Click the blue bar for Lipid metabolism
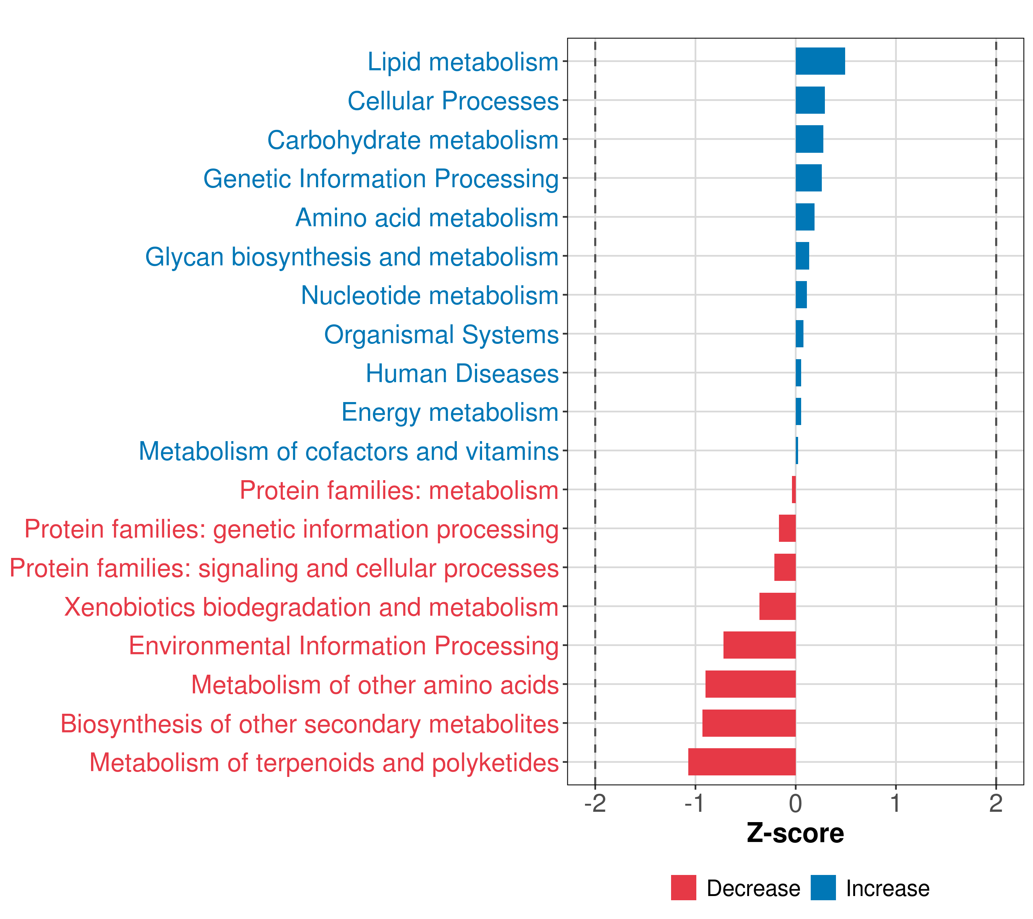tap(820, 61)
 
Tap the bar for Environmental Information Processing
tap(759, 645)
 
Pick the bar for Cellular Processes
tap(810, 100)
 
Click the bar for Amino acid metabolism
tap(805, 217)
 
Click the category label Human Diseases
tap(462, 373)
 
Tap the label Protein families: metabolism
tap(399, 490)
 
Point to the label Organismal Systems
tap(441, 334)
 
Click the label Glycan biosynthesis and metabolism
tap(352, 257)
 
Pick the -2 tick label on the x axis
tap(595, 804)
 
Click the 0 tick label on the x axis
tap(795, 804)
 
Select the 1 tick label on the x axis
tap(896, 804)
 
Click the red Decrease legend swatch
tap(683, 888)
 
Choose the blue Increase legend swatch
tap(823, 888)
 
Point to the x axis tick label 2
tap(996, 804)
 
